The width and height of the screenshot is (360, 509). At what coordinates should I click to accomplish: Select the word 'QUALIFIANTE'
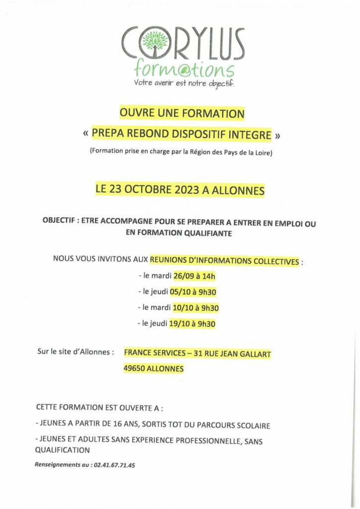point(208,233)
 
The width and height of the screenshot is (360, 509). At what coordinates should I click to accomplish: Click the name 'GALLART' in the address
point(254,354)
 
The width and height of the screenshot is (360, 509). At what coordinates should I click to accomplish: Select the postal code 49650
point(134,369)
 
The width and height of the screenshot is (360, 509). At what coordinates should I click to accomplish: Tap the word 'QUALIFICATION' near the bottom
point(62,450)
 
